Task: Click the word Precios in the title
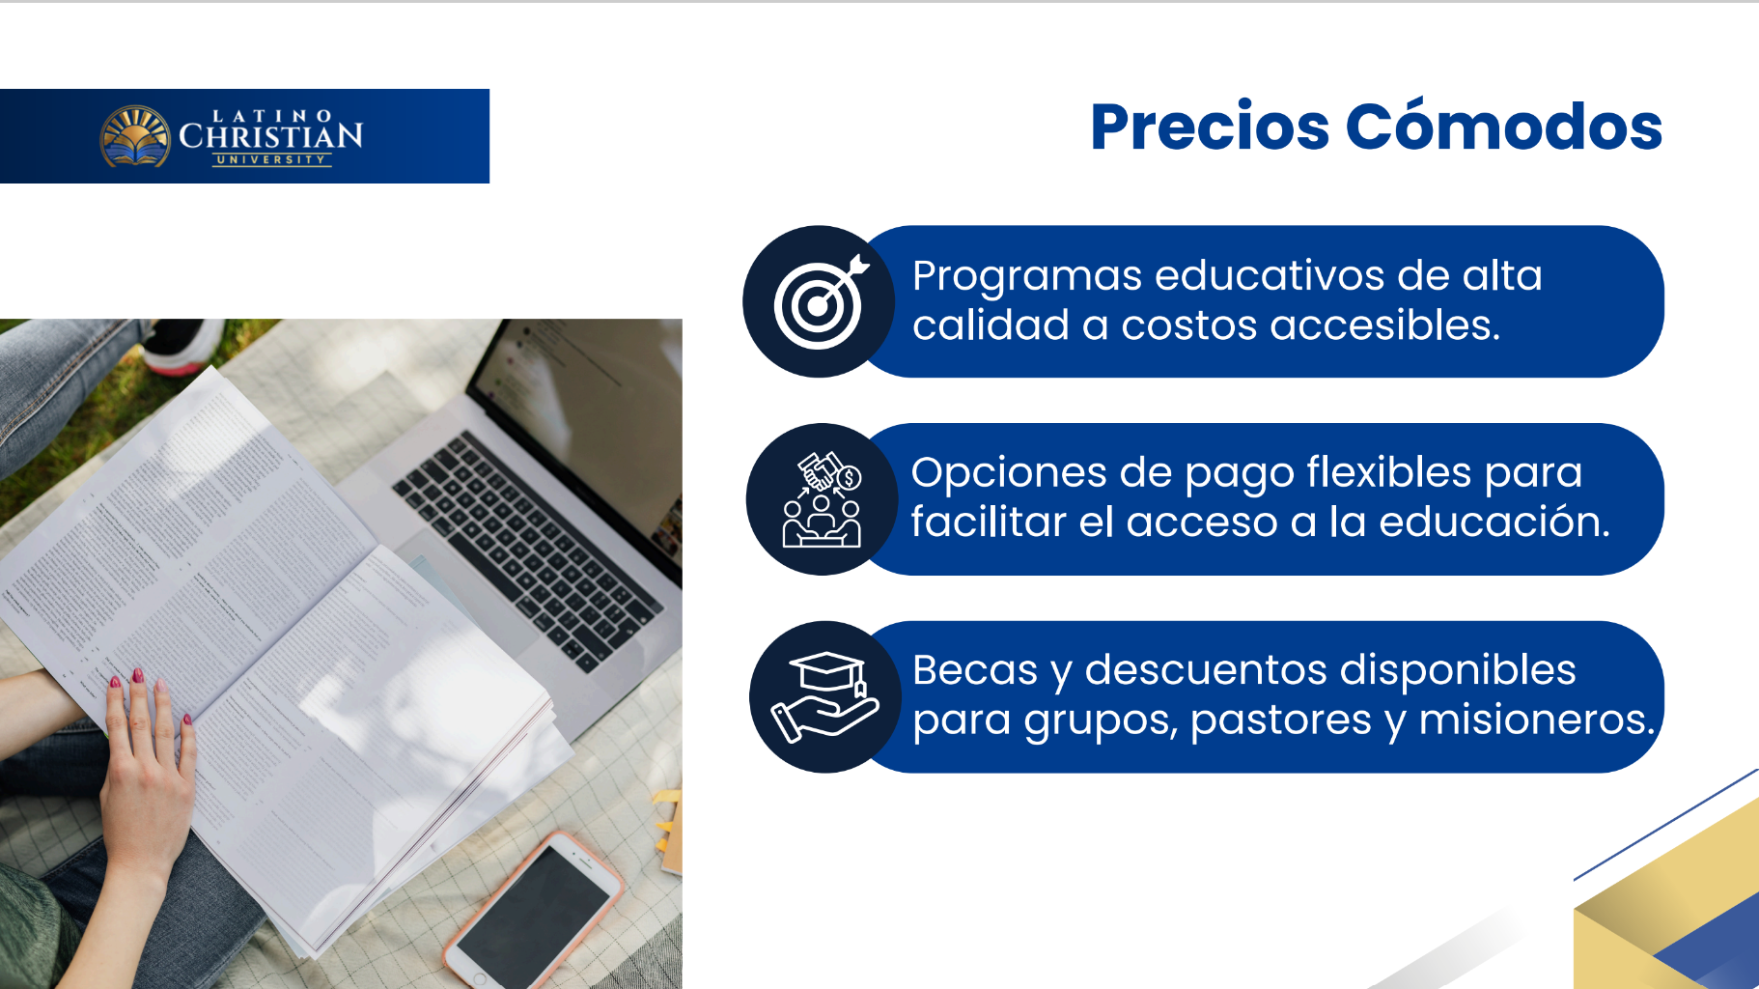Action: [x=1210, y=127]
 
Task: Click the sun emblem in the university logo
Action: [x=135, y=135]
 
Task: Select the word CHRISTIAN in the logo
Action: [x=271, y=136]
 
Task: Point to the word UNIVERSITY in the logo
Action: [x=271, y=159]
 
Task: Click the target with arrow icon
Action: [x=821, y=301]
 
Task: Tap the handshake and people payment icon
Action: [x=822, y=499]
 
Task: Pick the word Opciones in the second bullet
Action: [x=1009, y=473]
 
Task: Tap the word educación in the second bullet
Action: [x=1494, y=522]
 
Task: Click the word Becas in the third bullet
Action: [x=975, y=670]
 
